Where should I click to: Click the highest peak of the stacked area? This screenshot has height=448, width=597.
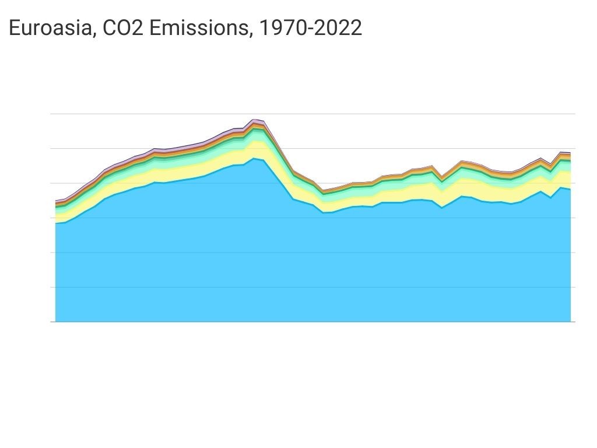pos(254,120)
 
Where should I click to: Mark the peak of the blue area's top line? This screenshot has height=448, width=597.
pos(254,158)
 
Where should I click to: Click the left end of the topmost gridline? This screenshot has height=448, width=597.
pos(52,114)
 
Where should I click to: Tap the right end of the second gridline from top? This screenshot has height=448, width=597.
pos(574,148)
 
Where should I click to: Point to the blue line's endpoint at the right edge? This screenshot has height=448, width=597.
pos(570,190)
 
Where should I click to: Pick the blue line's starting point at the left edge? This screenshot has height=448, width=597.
pos(56,223)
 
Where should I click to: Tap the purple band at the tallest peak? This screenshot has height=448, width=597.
pos(254,121)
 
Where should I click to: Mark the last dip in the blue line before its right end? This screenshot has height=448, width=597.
pos(550,198)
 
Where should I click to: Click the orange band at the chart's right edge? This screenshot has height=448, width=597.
pos(568,156)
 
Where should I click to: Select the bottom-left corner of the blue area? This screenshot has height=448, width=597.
pos(56,321)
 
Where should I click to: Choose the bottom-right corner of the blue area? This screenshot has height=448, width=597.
pos(570,321)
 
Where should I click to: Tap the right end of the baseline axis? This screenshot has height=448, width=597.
pos(574,321)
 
